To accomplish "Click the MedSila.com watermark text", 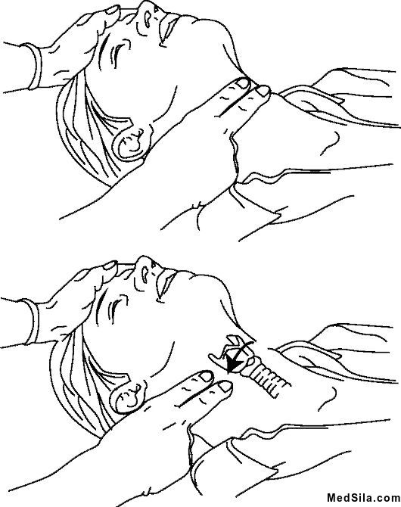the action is pos(363,497).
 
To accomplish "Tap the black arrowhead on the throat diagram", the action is pos(234,365).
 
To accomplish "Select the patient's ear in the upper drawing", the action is pos(132,143).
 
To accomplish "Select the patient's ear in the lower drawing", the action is pos(127,395).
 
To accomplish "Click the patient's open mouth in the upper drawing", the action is pos(169,29).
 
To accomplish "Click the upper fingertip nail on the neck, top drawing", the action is pos(243,84).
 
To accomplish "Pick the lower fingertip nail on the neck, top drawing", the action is pos(263,91).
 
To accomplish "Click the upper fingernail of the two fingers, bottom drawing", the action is pos(206,376).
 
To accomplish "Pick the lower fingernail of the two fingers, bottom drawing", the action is pos(224,387).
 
